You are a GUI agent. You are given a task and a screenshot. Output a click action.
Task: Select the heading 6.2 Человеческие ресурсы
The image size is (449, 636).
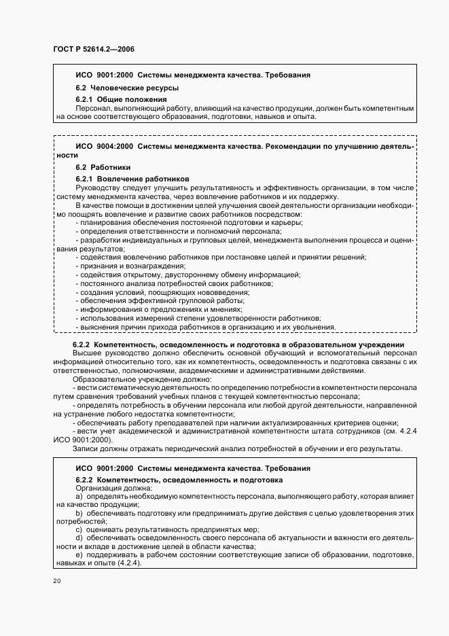[117, 88]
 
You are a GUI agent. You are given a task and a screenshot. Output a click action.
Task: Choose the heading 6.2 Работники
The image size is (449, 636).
[103, 167]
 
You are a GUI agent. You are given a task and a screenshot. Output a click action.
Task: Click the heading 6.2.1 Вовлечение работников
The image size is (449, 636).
[127, 179]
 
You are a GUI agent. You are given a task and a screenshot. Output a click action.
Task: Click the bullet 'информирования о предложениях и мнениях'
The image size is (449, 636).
[160, 309]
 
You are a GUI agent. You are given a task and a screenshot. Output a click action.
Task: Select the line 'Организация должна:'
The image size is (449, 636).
[114, 489]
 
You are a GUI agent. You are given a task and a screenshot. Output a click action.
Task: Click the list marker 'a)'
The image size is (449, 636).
[79, 497]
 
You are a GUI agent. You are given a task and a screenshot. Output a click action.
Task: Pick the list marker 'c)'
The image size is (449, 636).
[79, 529]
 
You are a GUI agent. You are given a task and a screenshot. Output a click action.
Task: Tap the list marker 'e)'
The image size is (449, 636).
[79, 554]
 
